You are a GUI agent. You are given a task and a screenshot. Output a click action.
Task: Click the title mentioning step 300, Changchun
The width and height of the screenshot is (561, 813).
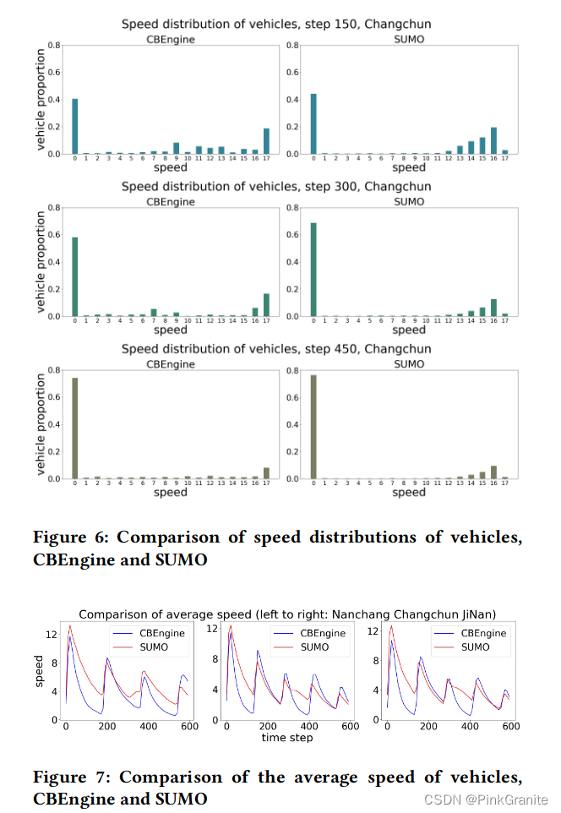[276, 186]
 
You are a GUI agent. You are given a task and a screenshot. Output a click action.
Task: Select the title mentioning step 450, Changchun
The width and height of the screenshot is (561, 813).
[276, 348]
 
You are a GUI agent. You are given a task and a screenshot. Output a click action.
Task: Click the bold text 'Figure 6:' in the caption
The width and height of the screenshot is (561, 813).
[68, 537]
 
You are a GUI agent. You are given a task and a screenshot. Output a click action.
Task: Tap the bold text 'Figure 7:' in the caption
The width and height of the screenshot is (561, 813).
[68, 777]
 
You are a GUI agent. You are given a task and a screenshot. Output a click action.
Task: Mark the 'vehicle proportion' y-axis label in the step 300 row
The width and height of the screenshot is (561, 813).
[41, 262]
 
